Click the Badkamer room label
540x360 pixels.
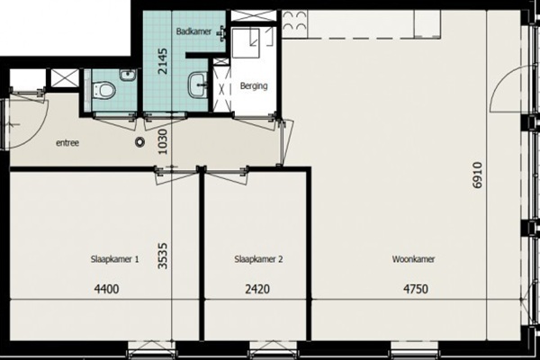coord(193,31)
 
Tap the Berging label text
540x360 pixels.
coord(254,85)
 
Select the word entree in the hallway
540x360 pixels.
coord(67,142)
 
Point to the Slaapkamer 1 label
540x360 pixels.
coord(114,259)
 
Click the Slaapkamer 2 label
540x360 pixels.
coord(258,259)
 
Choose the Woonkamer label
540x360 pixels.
coord(413,259)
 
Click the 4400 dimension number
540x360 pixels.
coord(107,289)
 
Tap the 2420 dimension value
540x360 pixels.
coord(257,289)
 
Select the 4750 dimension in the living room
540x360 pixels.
coord(416,289)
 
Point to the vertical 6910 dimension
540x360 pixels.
coord(478,175)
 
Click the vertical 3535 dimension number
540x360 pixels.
coord(162,256)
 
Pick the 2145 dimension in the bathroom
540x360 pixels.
coord(162,61)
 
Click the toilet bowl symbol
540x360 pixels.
coord(103,90)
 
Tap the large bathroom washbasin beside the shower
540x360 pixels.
coord(198,85)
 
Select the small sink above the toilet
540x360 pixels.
coord(128,75)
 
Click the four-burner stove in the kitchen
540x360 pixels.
coord(295,22)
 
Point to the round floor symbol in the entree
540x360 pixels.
coord(139,141)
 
